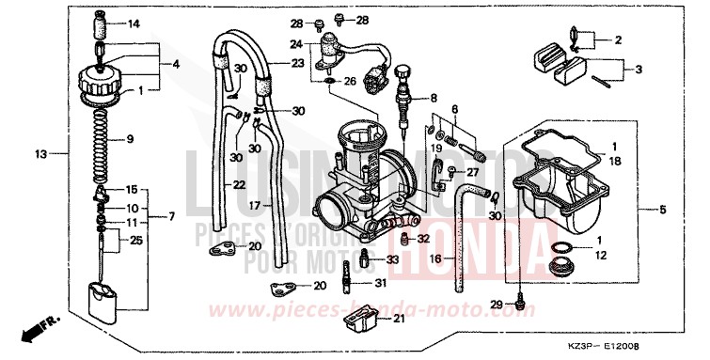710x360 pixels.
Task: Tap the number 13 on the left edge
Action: coord(40,153)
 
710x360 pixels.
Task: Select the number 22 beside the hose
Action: coord(239,184)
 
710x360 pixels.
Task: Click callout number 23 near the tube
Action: coord(298,64)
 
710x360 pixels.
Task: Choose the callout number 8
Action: coord(434,98)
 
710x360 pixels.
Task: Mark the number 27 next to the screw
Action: coord(471,171)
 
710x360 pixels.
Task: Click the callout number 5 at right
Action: coord(663,210)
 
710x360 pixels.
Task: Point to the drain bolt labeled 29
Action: coord(520,304)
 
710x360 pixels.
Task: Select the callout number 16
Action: coord(436,258)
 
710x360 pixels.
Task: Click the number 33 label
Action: coord(393,259)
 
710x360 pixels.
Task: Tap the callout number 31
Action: coord(380,282)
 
